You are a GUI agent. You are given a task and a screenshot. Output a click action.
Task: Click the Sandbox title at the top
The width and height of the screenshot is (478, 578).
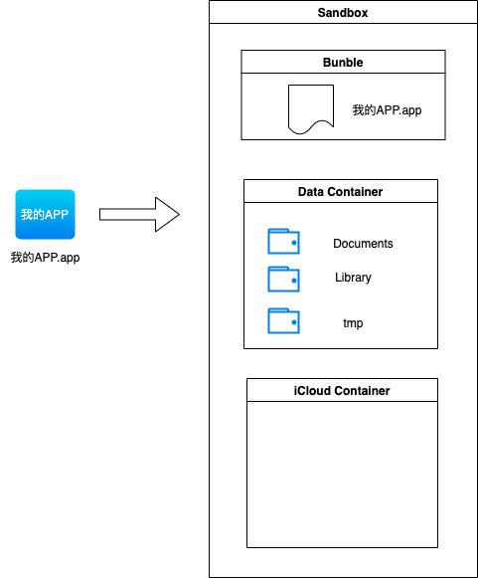(x=343, y=13)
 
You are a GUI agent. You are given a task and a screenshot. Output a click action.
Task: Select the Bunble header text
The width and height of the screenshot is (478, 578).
(x=343, y=63)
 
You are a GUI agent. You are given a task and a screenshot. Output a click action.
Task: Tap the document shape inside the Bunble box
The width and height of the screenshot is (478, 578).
(x=311, y=108)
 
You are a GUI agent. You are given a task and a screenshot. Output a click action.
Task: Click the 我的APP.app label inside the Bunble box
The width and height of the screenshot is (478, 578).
(x=387, y=109)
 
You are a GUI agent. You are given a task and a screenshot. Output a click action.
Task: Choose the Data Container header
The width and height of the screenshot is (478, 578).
(x=340, y=192)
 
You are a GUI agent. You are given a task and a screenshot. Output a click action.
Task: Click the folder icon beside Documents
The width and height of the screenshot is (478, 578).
(x=283, y=241)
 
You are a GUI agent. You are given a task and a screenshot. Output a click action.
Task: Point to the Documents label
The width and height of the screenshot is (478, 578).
(x=363, y=244)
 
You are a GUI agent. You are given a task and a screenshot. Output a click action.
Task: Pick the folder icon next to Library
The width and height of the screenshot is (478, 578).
(x=283, y=279)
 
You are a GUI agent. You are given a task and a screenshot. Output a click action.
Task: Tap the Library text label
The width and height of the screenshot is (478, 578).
(x=353, y=278)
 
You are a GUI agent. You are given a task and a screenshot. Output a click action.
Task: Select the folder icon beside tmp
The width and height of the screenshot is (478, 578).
(x=283, y=320)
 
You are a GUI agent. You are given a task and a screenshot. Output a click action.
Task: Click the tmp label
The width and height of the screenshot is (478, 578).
(x=353, y=323)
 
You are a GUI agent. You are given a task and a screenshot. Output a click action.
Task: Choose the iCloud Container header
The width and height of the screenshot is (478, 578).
(x=342, y=391)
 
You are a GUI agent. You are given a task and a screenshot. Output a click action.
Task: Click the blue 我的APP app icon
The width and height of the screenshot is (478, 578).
(x=46, y=214)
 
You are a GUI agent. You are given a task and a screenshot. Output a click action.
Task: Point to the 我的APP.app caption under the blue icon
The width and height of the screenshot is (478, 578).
(x=46, y=258)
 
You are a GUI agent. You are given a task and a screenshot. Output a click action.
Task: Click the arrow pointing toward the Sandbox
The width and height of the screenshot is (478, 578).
(x=139, y=214)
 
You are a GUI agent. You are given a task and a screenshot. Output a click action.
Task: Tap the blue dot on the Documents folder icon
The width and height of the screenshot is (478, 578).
(x=294, y=243)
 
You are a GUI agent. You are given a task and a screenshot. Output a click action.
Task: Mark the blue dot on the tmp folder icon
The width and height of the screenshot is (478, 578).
(x=294, y=322)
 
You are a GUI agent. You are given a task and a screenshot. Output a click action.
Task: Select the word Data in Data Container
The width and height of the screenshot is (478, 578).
(x=311, y=192)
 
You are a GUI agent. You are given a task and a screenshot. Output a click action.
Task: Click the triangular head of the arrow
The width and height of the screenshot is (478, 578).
(x=167, y=214)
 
